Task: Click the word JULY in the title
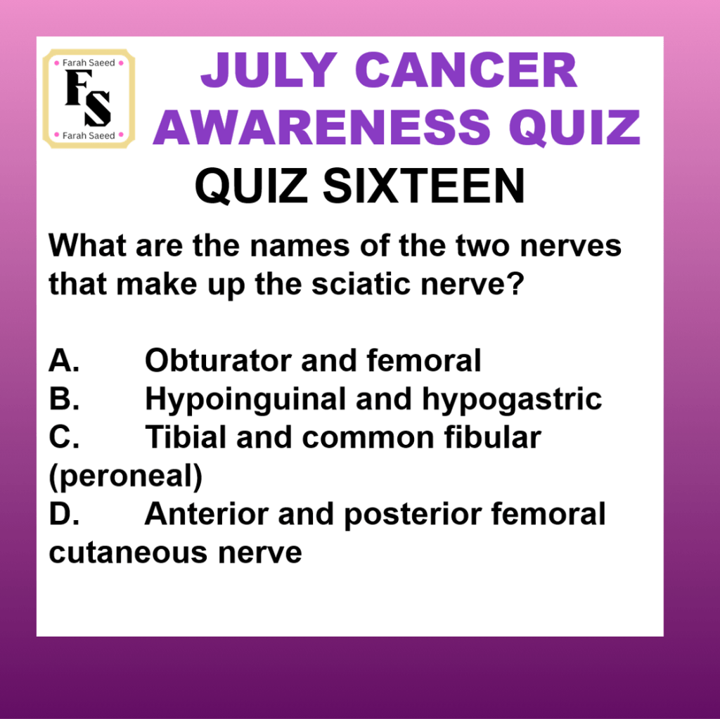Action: tap(269, 70)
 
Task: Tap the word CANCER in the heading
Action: tap(466, 70)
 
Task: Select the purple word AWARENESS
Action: tap(322, 127)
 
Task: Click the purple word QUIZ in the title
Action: tap(574, 128)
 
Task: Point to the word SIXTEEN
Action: tap(423, 186)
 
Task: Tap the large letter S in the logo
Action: tap(97, 108)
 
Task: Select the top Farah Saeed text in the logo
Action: tap(89, 63)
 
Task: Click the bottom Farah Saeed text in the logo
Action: tap(89, 136)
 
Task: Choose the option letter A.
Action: tap(64, 361)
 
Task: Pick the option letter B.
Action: tap(64, 399)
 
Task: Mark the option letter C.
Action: tap(64, 437)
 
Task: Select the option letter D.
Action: tap(64, 514)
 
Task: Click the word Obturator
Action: tap(218, 361)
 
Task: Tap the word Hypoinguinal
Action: tap(245, 400)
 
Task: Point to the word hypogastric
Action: tap(512, 400)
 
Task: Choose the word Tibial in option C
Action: tap(186, 437)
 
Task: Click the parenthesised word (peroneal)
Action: tap(125, 477)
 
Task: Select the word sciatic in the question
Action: tap(361, 284)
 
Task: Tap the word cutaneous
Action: tap(128, 553)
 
